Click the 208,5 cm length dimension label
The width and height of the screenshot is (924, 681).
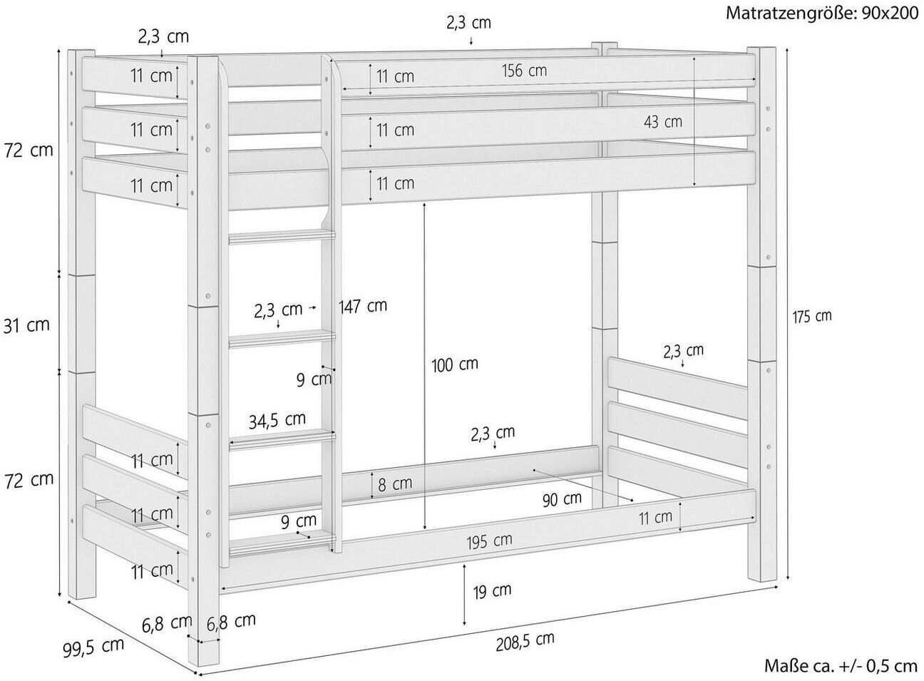point(525,641)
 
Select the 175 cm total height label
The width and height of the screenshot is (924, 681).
point(812,317)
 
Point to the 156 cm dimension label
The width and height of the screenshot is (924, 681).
point(524,71)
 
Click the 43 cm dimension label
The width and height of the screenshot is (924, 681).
point(663,122)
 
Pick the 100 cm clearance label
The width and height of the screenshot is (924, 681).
point(455,364)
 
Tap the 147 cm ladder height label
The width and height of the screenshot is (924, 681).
point(363,306)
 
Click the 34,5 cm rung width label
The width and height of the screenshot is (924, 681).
point(277,419)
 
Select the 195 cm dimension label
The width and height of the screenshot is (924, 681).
point(489,541)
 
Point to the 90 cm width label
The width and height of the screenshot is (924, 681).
point(562,498)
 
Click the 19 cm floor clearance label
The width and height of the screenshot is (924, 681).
point(492,590)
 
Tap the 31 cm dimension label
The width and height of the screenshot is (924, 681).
point(26,325)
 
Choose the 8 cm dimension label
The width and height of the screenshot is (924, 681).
point(395,484)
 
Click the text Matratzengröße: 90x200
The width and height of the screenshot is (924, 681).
point(822,14)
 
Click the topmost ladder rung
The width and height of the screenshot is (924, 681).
point(282,237)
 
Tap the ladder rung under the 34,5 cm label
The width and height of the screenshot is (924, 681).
point(282,440)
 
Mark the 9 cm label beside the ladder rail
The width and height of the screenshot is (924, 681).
point(314,379)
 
